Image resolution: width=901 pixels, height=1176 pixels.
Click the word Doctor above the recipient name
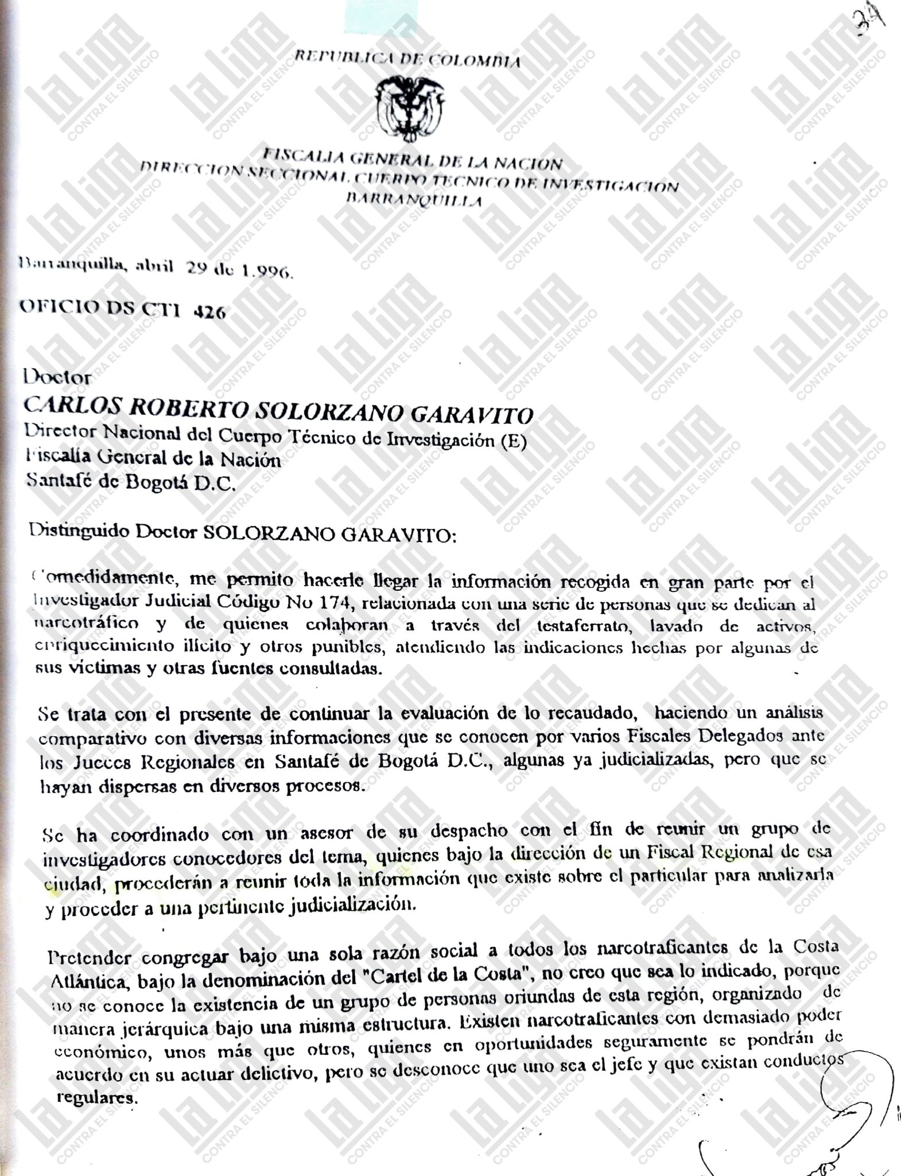point(57,377)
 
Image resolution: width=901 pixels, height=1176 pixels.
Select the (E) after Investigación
point(514,442)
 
